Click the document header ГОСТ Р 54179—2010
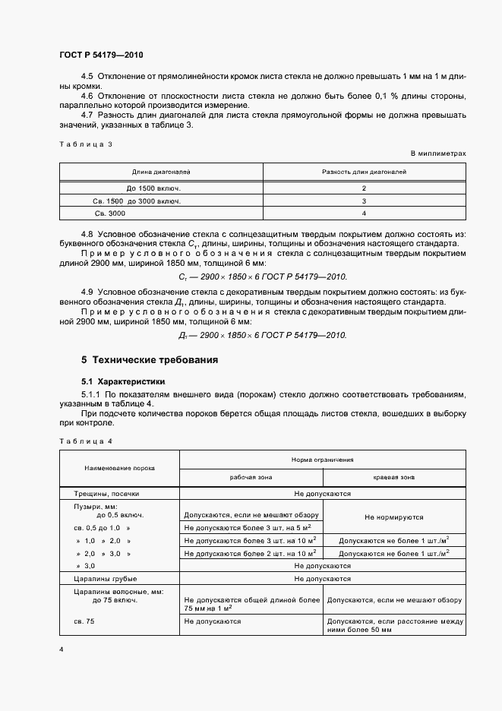click(x=100, y=55)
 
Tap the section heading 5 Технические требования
click(x=150, y=359)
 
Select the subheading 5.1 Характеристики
click(x=123, y=381)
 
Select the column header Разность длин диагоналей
click(x=364, y=172)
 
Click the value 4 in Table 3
click(x=364, y=214)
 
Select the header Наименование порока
click(x=119, y=468)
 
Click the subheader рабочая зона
click(x=251, y=477)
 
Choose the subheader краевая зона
click(x=393, y=477)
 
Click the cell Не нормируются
click(x=393, y=517)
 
